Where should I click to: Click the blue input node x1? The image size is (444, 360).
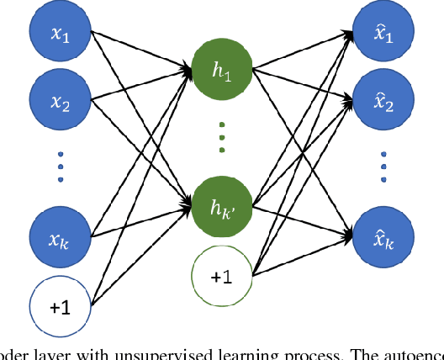tap(59, 36)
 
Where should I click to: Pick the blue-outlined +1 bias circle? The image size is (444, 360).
tap(59, 307)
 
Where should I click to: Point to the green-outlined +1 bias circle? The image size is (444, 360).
tap(221, 275)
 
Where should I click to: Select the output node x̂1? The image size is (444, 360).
tap(383, 36)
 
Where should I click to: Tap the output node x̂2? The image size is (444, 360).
tap(383, 104)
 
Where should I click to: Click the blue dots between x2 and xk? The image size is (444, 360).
tap(59, 167)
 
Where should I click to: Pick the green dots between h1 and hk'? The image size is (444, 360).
tap(221, 137)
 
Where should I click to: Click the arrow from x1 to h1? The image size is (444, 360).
tap(139, 52)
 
